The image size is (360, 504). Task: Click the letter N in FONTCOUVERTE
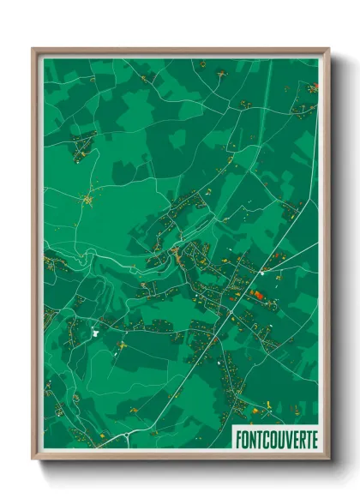pos(253,439)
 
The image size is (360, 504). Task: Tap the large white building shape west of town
pos(96,331)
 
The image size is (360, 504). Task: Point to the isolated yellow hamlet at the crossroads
pos(87,201)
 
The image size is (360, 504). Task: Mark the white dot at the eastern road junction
pos(261,273)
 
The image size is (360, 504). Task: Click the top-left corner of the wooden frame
pos(34,50)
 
